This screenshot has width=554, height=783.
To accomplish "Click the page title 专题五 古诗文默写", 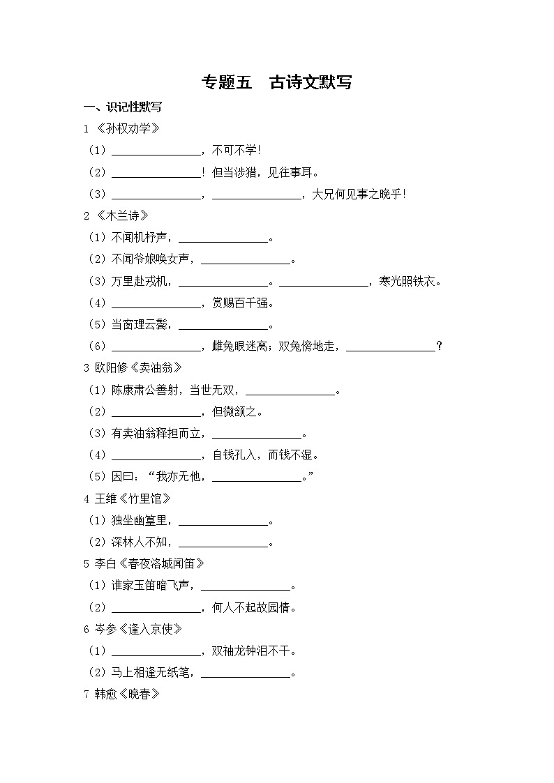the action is [x=276, y=82].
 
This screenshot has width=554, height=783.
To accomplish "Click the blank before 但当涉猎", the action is [x=156, y=172].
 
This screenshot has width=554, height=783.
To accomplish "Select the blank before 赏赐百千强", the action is [x=156, y=303].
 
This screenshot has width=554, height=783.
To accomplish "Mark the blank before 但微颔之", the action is [x=156, y=412].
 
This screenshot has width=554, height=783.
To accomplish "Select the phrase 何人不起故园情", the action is [x=254, y=608].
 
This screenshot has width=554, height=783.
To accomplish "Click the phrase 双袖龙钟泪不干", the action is [x=254, y=651].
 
